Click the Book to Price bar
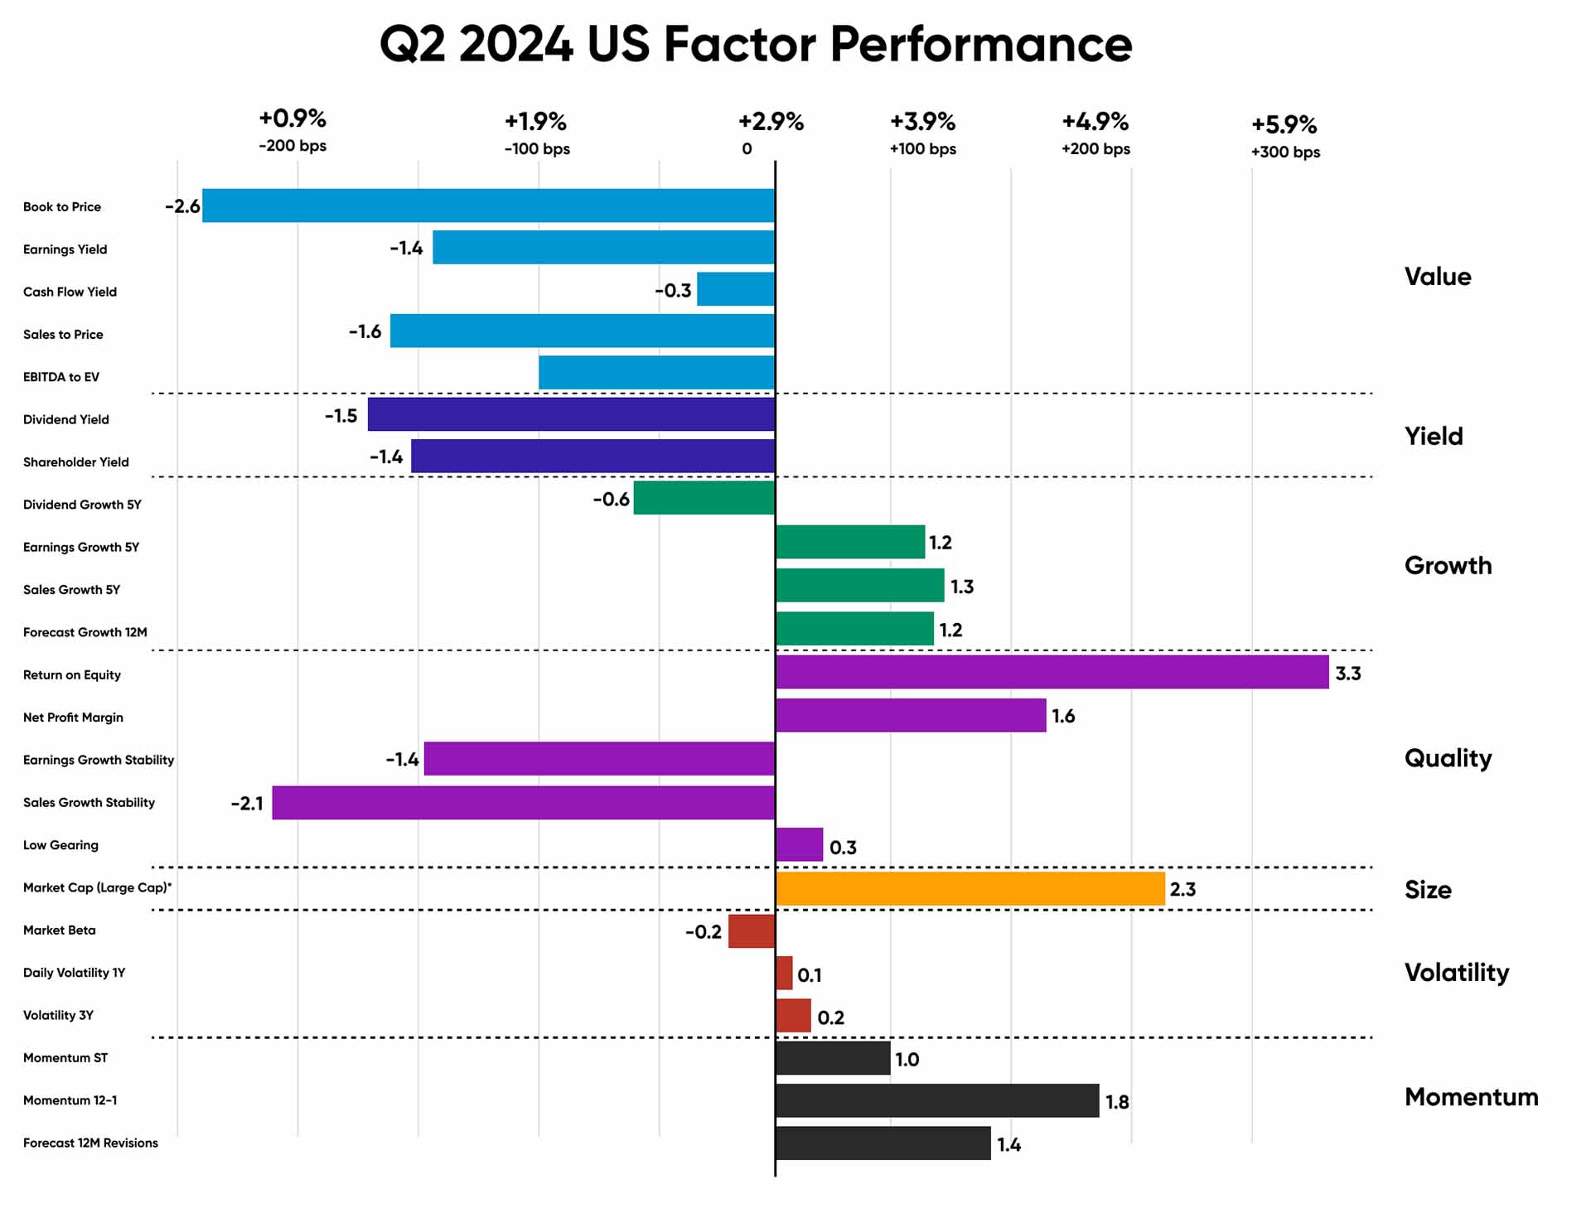point(489,205)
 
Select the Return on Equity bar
point(1052,672)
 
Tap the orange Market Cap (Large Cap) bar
point(970,888)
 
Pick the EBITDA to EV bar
point(656,373)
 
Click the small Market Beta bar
point(752,931)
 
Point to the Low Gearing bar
point(800,844)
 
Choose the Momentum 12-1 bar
point(937,1100)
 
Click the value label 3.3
point(1348,674)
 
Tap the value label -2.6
point(182,206)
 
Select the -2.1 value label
point(247,804)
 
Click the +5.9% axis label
point(1284,124)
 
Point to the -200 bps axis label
point(293,147)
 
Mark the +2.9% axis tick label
point(771,122)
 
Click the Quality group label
point(1448,758)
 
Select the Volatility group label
point(1456,973)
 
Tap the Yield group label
point(1434,437)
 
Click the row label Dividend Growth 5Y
point(82,505)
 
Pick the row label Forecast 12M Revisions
point(90,1143)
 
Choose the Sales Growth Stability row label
point(89,803)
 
